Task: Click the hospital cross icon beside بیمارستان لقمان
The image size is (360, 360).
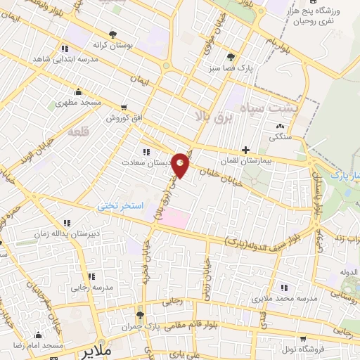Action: [245, 149]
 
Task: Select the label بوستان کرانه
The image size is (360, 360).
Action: [112, 44]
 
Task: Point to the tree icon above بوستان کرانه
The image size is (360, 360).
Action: [112, 33]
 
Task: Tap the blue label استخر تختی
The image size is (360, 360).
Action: [120, 205]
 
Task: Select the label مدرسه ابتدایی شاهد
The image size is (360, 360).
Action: [65, 60]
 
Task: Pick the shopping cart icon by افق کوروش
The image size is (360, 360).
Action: [124, 108]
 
